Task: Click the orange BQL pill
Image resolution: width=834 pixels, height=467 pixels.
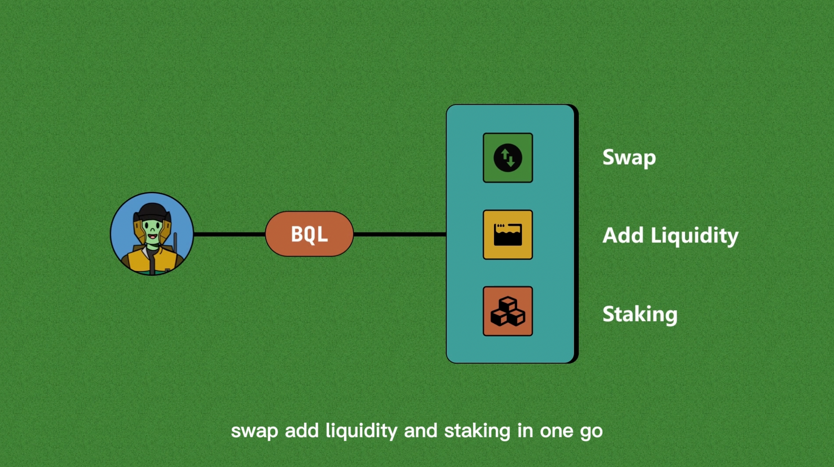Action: (x=309, y=234)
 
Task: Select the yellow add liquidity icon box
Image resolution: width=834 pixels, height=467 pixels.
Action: (x=507, y=234)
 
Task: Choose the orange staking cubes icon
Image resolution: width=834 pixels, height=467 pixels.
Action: (x=507, y=311)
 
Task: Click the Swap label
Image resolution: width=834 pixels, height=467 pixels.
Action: (x=629, y=158)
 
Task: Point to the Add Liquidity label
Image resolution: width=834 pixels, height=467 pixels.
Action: (x=670, y=236)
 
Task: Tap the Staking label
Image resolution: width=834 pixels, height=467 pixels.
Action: (x=640, y=314)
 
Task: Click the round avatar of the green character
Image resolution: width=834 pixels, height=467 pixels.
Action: (x=152, y=233)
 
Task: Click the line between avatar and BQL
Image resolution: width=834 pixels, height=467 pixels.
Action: (x=229, y=234)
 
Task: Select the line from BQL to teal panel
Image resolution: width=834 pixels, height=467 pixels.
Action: (x=399, y=234)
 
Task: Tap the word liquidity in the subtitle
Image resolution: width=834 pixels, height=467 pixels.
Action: (x=361, y=431)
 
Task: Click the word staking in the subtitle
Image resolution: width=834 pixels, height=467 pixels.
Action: (x=477, y=431)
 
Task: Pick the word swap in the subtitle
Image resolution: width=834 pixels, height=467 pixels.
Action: (x=254, y=431)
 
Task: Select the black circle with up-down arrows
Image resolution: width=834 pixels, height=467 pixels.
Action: (x=507, y=158)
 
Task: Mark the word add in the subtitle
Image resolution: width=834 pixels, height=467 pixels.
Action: (x=301, y=431)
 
